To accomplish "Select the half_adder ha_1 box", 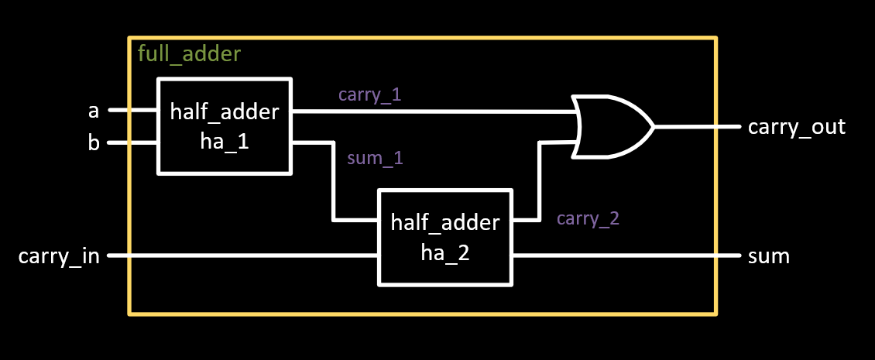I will click(x=225, y=125).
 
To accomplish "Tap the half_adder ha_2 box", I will click(x=445, y=237).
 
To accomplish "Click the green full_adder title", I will click(x=189, y=54).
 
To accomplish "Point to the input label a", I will click(x=94, y=111).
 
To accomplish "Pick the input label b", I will click(x=94, y=144).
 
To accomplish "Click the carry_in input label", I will click(x=59, y=255).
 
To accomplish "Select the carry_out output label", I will click(x=796, y=126).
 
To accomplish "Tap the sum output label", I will click(x=768, y=255).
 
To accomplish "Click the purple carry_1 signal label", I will click(x=369, y=94).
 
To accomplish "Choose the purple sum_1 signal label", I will click(x=376, y=159).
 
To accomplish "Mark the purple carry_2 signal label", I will click(x=588, y=218).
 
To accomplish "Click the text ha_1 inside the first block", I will click(x=225, y=142).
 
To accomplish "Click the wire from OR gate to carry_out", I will click(x=697, y=126).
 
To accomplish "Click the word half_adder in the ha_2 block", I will click(x=445, y=223).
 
